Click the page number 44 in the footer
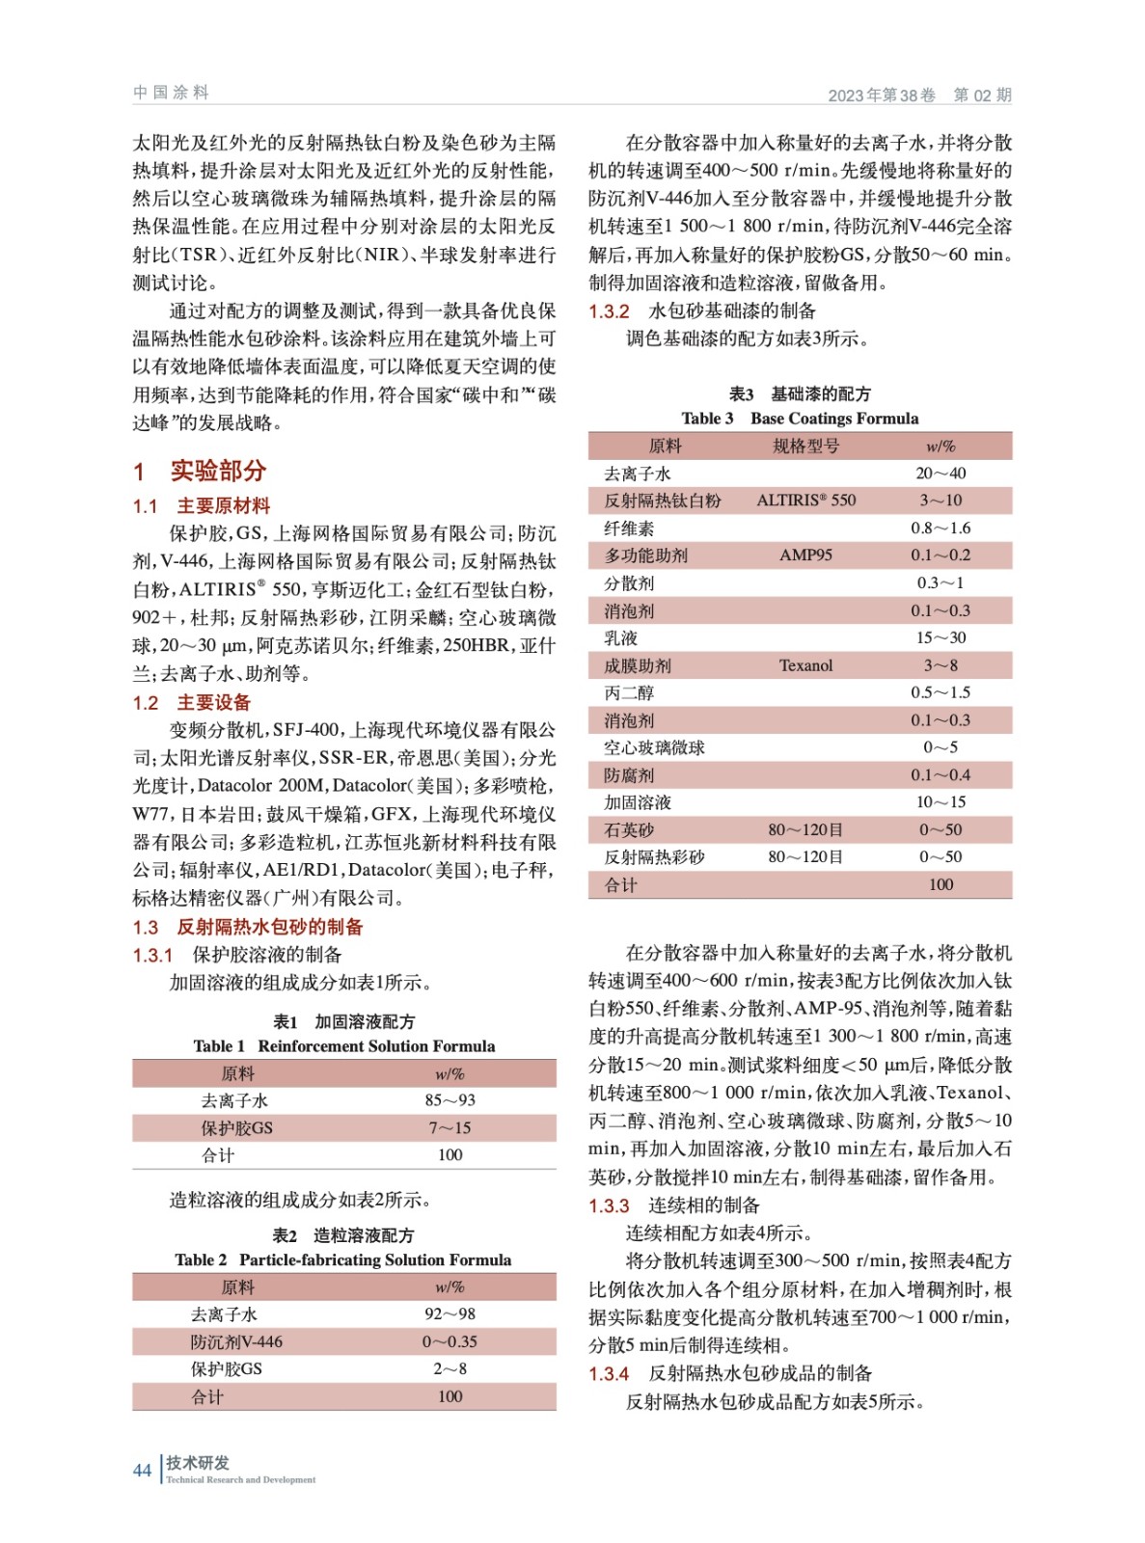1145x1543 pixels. point(142,1470)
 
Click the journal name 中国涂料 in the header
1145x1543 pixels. point(171,93)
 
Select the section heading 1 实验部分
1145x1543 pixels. point(200,471)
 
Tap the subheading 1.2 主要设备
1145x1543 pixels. point(192,702)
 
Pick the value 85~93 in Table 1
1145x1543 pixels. point(450,1100)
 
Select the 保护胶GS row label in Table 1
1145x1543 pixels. point(236,1127)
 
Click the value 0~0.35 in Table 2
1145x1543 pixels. point(450,1341)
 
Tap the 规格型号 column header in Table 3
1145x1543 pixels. point(805,446)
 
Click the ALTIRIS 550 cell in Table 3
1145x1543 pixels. point(805,500)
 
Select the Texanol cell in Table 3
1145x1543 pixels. point(805,665)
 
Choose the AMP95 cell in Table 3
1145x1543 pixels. point(805,555)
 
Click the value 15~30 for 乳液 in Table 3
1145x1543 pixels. point(941,637)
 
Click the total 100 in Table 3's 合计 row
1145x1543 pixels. point(941,884)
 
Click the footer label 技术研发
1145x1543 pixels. point(198,1463)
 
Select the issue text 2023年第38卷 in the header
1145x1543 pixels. point(882,95)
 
